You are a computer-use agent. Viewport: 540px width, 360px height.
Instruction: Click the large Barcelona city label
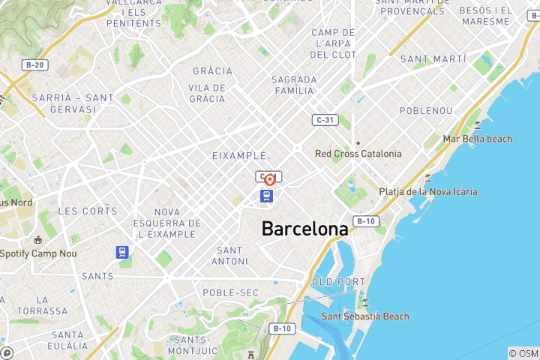(x=304, y=229)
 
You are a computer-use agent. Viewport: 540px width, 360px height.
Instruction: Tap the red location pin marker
(x=269, y=180)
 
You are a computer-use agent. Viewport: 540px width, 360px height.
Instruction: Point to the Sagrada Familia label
(x=292, y=85)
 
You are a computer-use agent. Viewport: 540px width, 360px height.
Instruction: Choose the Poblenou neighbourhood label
(x=426, y=110)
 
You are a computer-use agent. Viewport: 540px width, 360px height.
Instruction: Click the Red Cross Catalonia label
(x=358, y=154)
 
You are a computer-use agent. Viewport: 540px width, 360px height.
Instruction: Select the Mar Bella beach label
(x=478, y=139)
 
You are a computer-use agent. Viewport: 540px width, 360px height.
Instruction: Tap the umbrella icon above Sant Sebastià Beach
(x=365, y=302)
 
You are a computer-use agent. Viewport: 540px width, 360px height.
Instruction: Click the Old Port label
(x=332, y=282)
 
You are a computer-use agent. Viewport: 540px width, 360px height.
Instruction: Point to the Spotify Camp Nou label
(x=39, y=253)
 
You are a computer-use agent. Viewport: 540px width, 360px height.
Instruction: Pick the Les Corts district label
(x=88, y=211)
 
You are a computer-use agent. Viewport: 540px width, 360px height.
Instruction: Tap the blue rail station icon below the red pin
(x=267, y=197)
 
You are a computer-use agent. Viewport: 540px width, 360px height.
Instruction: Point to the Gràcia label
(x=212, y=71)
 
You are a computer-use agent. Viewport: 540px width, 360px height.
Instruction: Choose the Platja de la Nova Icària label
(x=427, y=192)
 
